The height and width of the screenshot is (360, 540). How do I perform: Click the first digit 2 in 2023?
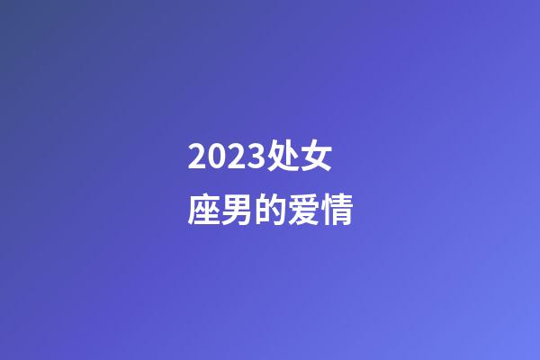[x=198, y=158]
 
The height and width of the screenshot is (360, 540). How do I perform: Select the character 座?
[x=204, y=211]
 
